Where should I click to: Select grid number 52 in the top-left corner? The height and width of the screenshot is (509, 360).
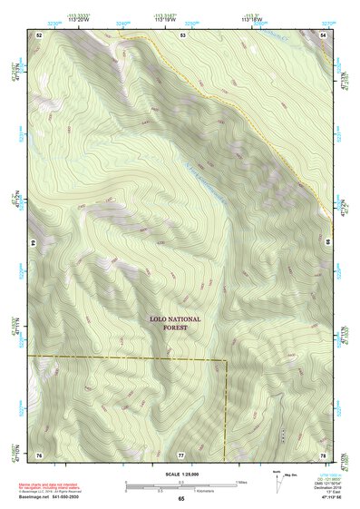[40, 34]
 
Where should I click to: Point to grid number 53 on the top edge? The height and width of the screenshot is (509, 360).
[181, 34]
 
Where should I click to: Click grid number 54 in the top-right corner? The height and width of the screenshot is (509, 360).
[325, 34]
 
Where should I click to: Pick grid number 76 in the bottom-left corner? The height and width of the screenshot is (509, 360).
[40, 453]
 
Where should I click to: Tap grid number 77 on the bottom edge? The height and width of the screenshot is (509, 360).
[181, 453]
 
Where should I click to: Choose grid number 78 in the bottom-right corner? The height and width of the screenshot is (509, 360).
[324, 453]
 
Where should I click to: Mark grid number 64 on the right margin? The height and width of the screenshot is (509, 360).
[326, 243]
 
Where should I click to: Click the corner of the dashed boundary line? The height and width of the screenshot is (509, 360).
[225, 360]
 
